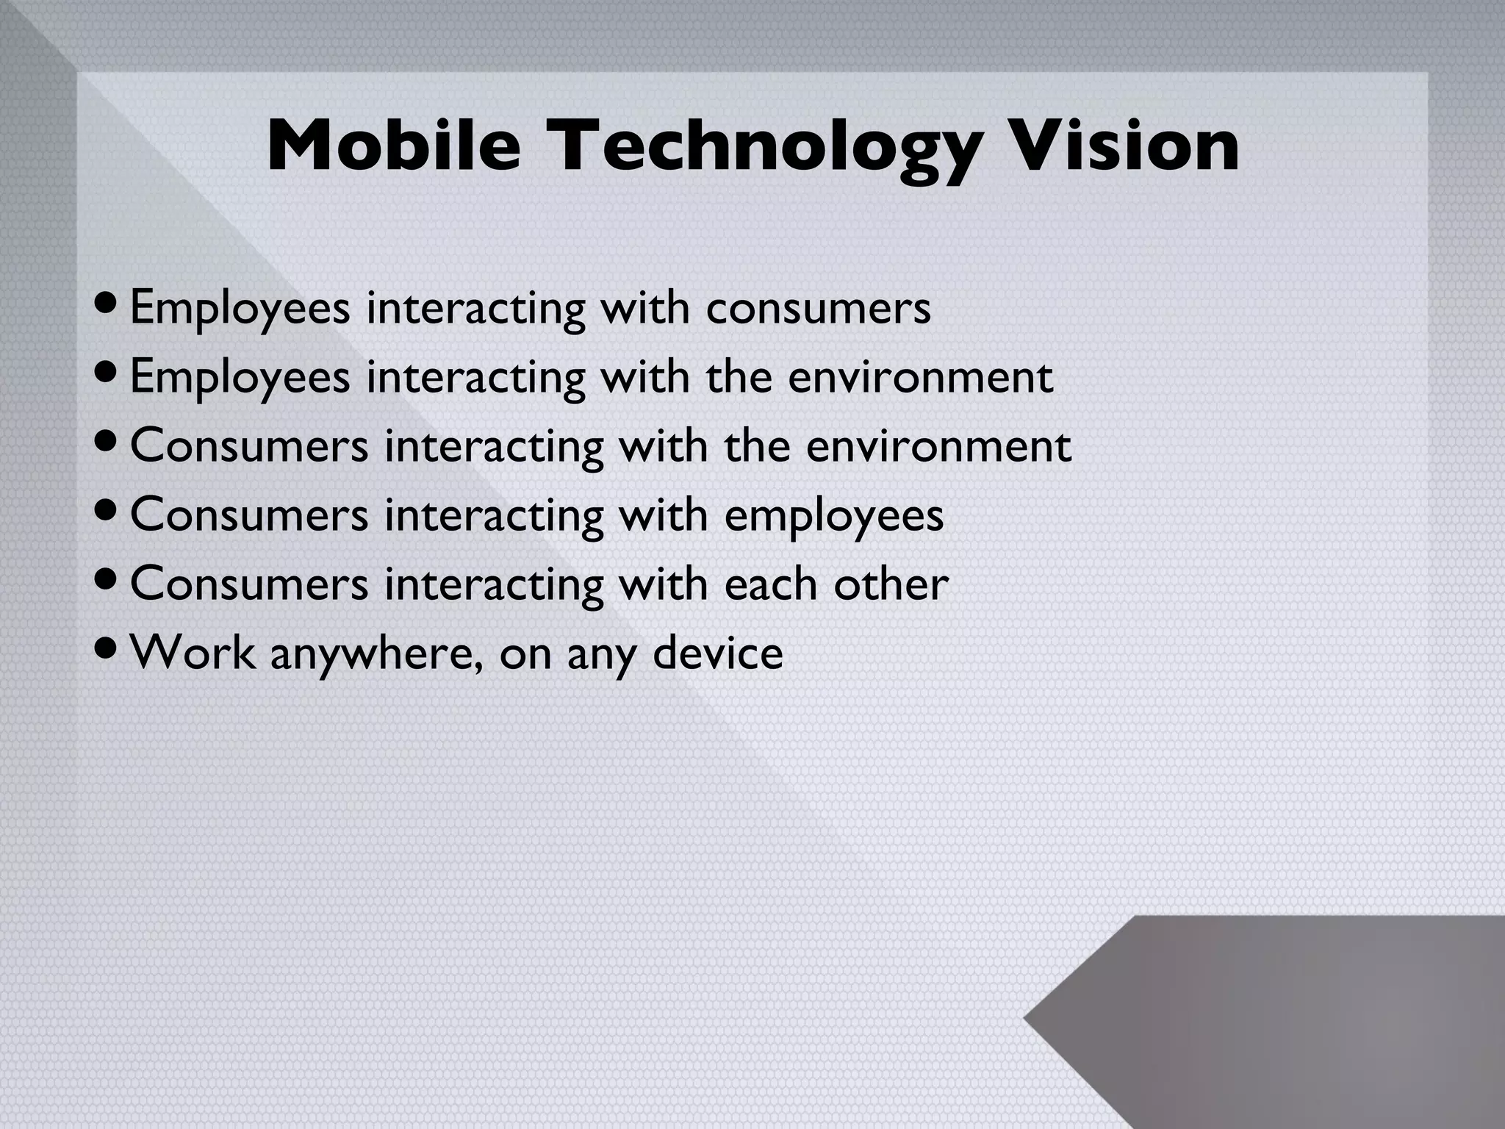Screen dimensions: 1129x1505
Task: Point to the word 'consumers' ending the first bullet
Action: click(x=818, y=309)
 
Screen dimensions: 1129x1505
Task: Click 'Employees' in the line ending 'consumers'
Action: click(x=240, y=309)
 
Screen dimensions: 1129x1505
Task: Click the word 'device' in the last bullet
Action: click(x=718, y=652)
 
